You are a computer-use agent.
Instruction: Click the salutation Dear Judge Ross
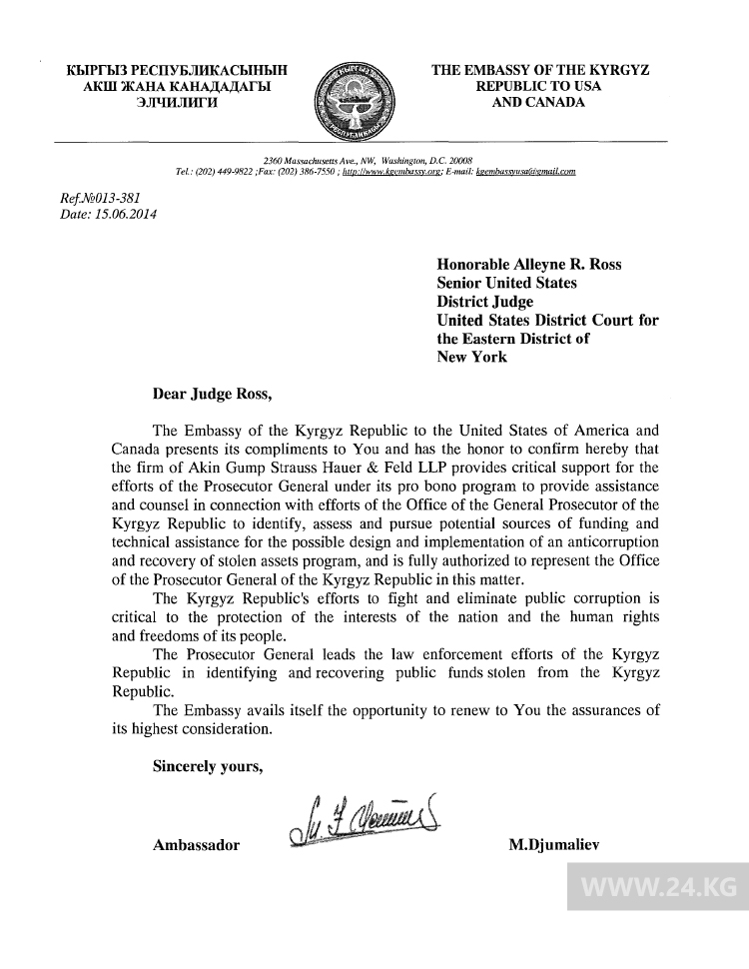click(x=211, y=393)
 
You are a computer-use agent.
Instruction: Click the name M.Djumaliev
click(x=553, y=845)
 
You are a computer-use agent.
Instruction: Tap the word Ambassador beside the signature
click(x=196, y=845)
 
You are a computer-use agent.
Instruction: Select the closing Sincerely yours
click(x=208, y=766)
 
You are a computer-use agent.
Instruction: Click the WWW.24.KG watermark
click(x=658, y=886)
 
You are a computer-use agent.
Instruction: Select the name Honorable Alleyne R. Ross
click(x=529, y=265)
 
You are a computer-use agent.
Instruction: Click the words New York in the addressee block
click(x=472, y=357)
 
